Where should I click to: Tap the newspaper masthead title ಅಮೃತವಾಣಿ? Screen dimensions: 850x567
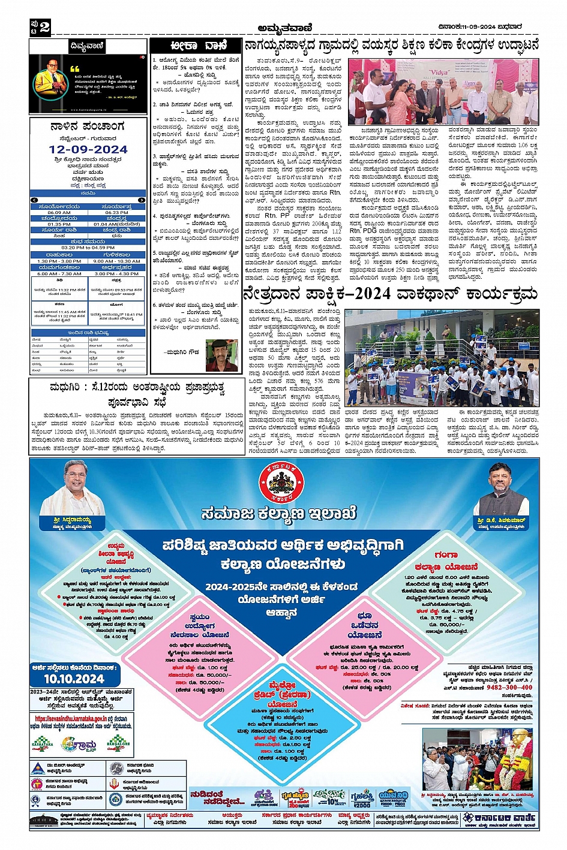click(x=284, y=26)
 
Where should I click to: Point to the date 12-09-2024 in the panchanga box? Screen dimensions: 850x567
click(x=88, y=149)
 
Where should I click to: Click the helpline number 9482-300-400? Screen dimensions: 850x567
click(x=509, y=687)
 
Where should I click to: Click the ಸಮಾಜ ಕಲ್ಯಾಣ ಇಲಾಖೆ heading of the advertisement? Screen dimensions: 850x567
click(x=279, y=513)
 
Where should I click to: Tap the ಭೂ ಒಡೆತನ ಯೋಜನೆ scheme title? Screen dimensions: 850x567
click(x=364, y=625)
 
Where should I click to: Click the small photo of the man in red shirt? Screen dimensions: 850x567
click(x=221, y=355)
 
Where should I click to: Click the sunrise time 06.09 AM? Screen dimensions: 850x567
click(x=59, y=212)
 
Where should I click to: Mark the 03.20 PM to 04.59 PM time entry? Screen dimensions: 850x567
click(x=88, y=248)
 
